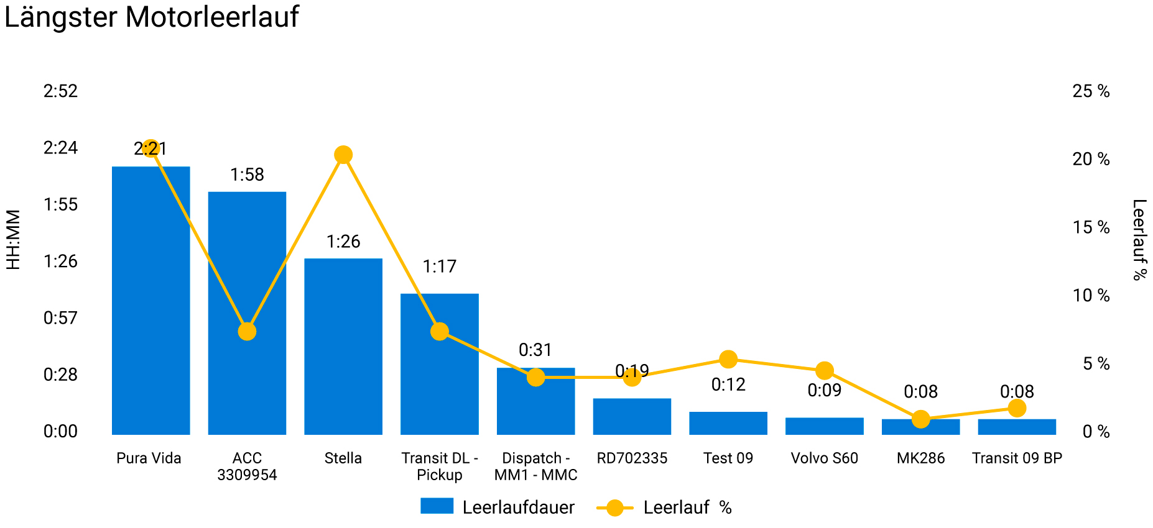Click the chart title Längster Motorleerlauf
tap(151, 17)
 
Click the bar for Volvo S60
tap(824, 426)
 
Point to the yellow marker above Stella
tap(343, 155)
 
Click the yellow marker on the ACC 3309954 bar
tap(247, 332)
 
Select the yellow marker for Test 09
tap(728, 359)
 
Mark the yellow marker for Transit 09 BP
tap(1017, 408)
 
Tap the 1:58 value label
tap(247, 175)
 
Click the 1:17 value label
tap(440, 266)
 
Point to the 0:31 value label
tap(535, 350)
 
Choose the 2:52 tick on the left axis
tap(60, 91)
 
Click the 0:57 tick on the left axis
tap(60, 318)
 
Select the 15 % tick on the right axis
tap(1091, 227)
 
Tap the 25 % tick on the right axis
tap(1091, 91)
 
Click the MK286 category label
tap(920, 458)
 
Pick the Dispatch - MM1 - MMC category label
tap(535, 467)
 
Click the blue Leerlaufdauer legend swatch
tap(437, 506)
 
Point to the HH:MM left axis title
tap(14, 240)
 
